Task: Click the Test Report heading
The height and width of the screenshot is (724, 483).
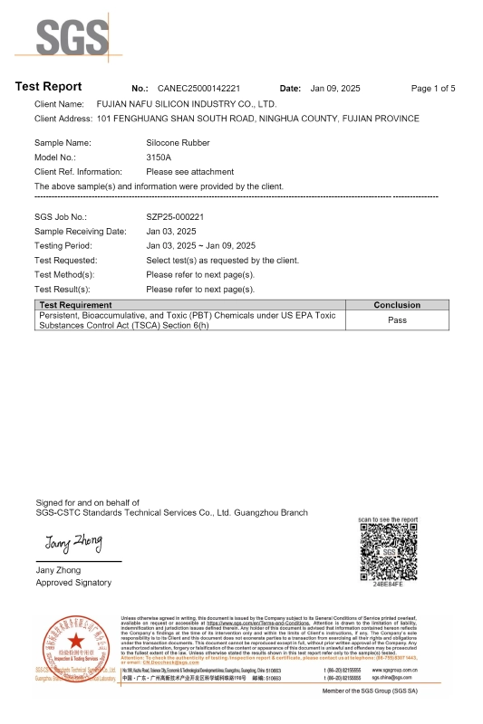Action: (49, 87)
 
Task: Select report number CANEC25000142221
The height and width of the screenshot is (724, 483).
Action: (198, 89)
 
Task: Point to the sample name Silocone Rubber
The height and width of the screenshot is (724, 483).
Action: (178, 143)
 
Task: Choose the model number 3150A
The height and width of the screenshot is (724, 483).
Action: (159, 157)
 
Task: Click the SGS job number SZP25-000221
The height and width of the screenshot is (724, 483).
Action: (175, 217)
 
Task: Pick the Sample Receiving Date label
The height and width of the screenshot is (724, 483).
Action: (81, 232)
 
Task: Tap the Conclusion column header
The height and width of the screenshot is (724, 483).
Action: (397, 305)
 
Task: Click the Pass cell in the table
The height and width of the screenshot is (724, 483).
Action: (397, 319)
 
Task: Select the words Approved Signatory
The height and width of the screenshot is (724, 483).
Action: (72, 583)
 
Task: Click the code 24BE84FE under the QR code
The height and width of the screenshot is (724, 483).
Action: (388, 586)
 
